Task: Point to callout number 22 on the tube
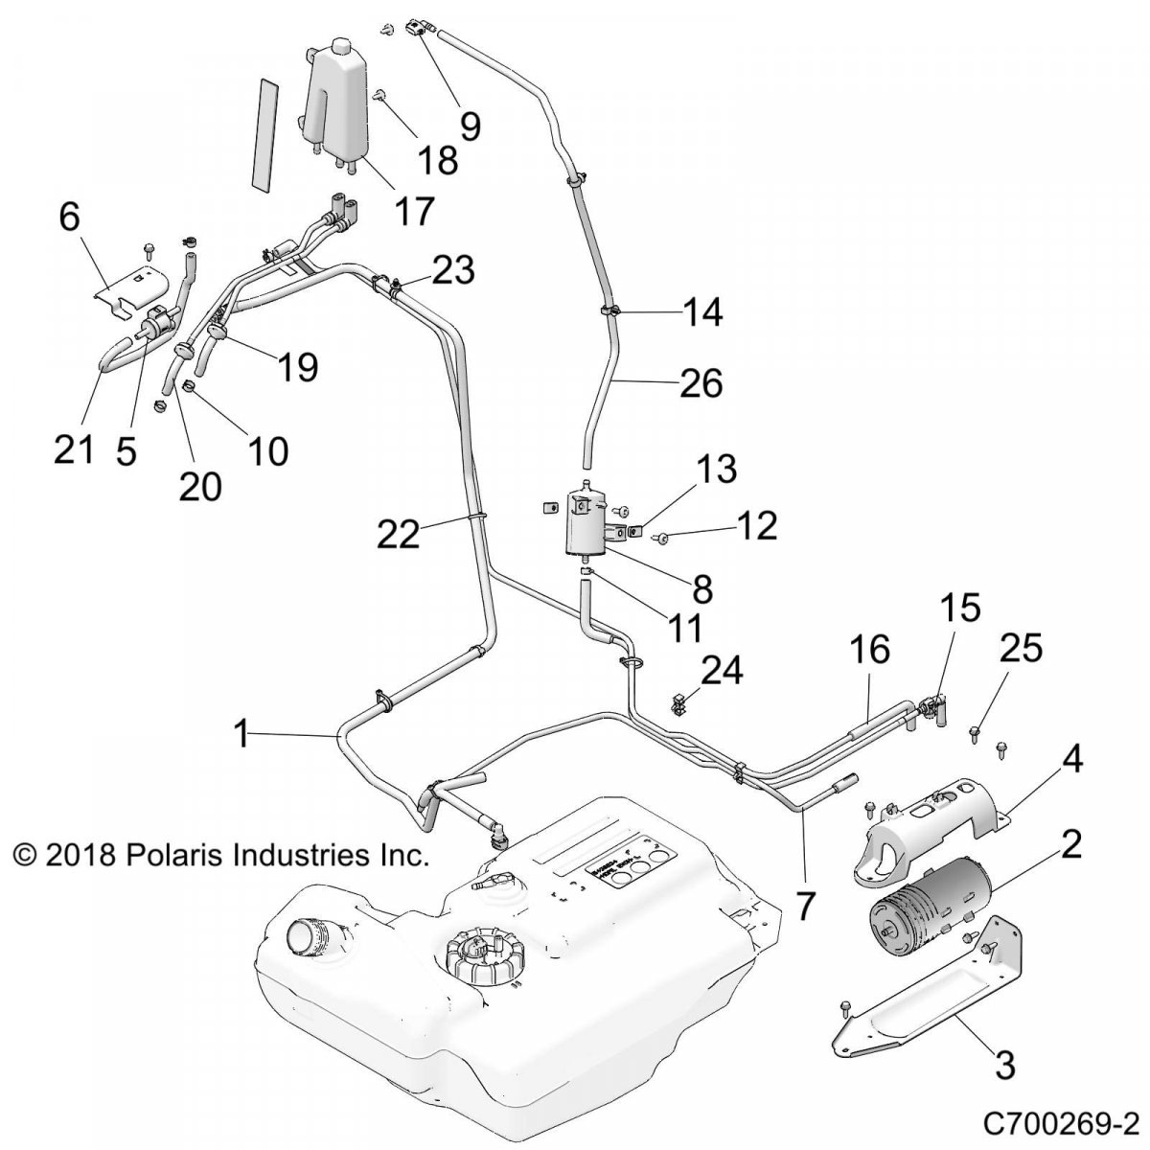tap(398, 534)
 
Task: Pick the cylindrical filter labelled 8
tap(586, 522)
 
